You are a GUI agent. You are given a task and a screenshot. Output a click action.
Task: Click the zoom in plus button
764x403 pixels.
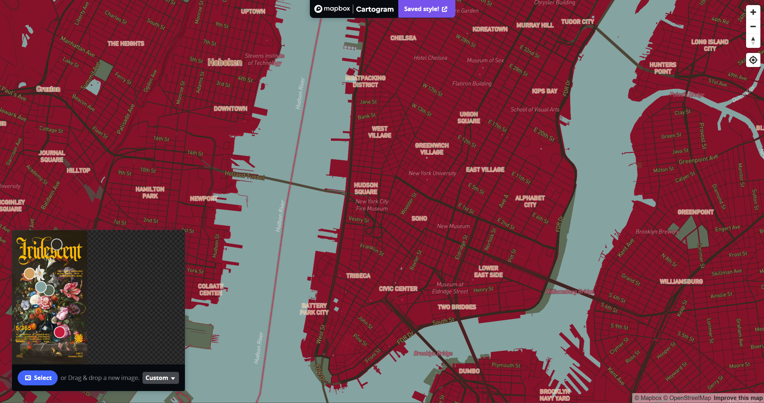[753, 12]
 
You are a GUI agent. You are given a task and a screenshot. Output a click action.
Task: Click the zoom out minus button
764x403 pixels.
[753, 26]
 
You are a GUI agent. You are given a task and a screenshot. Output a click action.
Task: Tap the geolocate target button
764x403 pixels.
[753, 60]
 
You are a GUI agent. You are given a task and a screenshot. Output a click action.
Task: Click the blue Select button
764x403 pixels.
[38, 378]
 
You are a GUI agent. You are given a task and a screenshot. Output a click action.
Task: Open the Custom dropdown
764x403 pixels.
[160, 378]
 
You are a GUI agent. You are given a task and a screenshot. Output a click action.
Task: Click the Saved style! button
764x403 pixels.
[426, 9]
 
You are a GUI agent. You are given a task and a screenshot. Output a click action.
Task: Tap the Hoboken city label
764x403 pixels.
[225, 62]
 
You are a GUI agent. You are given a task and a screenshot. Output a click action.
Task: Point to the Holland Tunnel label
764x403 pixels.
[245, 175]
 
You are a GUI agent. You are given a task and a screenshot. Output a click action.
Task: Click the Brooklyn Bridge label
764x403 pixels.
[433, 353]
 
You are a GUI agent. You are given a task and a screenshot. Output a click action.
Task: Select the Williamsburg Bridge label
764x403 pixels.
[569, 292]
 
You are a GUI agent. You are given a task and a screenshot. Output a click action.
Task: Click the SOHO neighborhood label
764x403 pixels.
[419, 218]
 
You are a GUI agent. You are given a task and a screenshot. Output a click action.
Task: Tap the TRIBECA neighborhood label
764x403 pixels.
[358, 276]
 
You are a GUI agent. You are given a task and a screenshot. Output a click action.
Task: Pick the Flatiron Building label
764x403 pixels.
[472, 83]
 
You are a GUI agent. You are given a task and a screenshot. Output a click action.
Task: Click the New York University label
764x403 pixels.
[432, 173]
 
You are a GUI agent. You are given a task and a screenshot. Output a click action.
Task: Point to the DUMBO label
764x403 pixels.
[469, 371]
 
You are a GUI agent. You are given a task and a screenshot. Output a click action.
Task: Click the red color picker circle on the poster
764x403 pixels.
[59, 332]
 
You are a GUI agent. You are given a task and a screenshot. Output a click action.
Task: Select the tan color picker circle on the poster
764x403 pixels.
[30, 273]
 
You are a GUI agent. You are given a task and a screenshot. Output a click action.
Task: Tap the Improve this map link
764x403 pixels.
[738, 398]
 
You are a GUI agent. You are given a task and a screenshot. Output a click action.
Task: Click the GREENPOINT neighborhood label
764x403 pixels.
[696, 212]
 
